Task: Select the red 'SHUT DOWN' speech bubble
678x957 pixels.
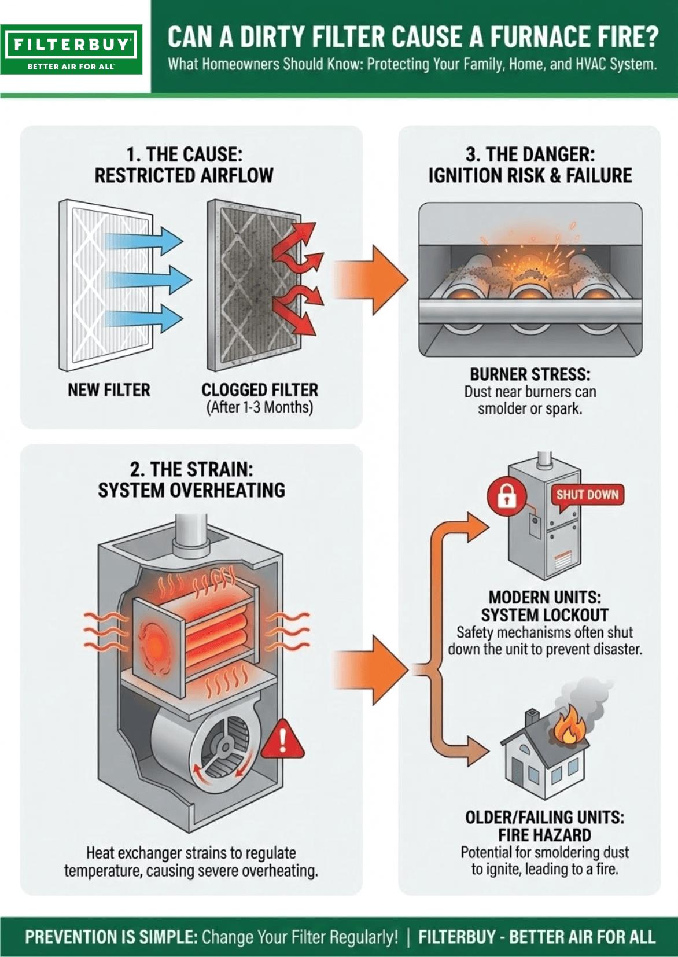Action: (x=587, y=495)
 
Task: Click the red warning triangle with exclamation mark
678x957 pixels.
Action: (x=282, y=740)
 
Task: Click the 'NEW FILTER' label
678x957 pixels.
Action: (x=109, y=390)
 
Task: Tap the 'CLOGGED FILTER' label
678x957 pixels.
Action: (x=260, y=390)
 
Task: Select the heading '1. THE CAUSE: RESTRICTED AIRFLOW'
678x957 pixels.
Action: (x=184, y=165)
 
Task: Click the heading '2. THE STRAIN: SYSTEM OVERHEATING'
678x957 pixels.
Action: (x=191, y=480)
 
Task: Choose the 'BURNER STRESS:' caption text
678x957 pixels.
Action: (x=530, y=374)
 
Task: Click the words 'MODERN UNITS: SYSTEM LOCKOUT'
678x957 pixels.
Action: (x=544, y=606)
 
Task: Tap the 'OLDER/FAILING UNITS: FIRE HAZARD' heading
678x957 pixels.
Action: (x=544, y=826)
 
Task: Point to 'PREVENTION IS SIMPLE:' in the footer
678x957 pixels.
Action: (x=110, y=937)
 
